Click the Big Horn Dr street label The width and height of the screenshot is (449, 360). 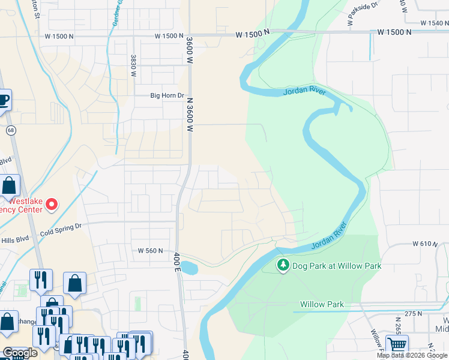click(x=166, y=95)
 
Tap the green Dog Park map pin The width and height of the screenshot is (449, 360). click(x=282, y=265)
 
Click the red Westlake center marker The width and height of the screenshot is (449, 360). click(x=52, y=205)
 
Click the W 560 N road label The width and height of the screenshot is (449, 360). click(x=150, y=251)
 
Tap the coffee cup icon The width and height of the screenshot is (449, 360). click(x=4, y=100)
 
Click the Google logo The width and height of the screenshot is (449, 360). click(x=20, y=353)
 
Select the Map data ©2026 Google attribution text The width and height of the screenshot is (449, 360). click(x=411, y=355)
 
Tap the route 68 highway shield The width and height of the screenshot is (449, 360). click(x=10, y=130)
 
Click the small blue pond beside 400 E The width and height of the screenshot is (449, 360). click(x=188, y=268)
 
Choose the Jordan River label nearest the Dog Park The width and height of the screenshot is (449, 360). click(x=329, y=236)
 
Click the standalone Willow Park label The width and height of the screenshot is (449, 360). click(x=322, y=304)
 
